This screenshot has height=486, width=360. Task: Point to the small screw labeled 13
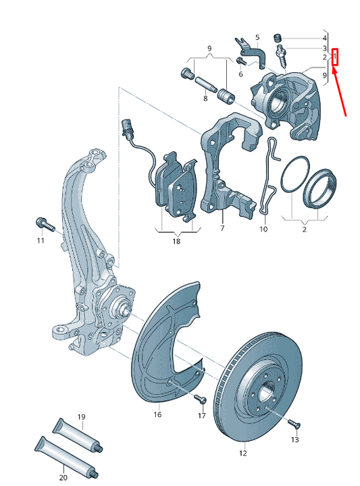point(292,423)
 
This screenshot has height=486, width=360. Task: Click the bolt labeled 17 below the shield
point(201,400)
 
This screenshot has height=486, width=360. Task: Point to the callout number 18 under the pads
point(176,241)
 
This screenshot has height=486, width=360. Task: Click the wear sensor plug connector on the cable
point(126,126)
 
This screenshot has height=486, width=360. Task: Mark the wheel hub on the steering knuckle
point(122,309)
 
